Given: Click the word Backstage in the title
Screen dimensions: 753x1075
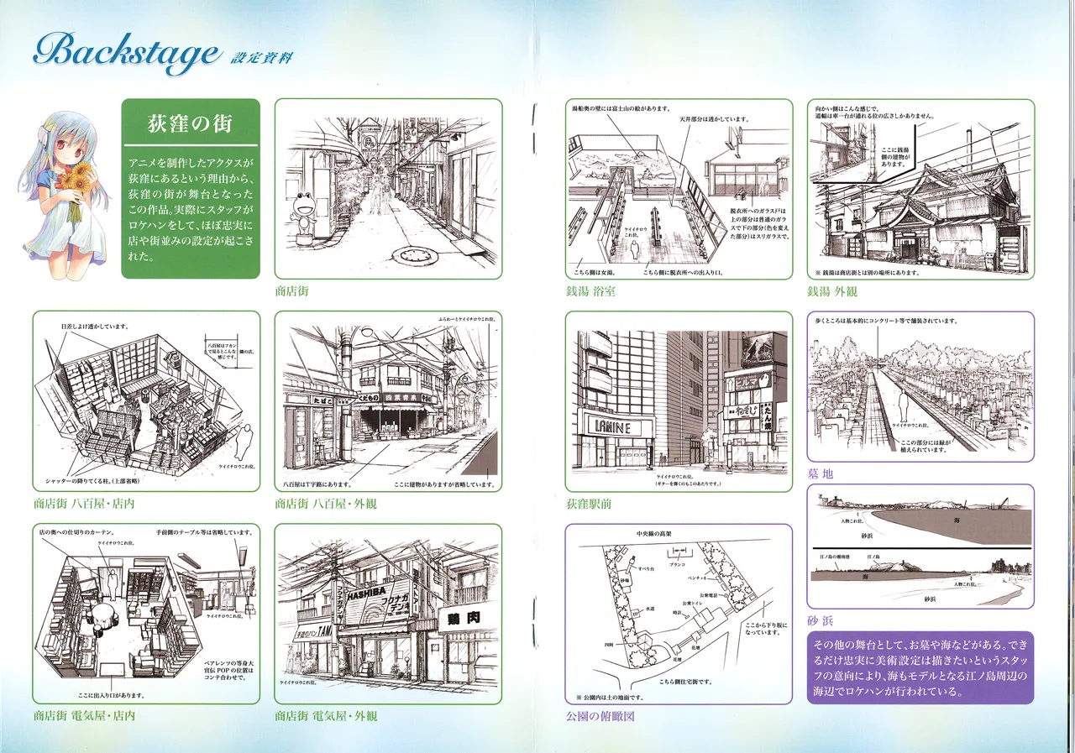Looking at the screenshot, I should (126, 54).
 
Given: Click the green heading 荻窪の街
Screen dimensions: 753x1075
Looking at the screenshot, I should (190, 125).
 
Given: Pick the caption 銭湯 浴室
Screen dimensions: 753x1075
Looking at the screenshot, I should (590, 293).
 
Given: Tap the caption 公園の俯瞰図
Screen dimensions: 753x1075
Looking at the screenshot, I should (600, 716).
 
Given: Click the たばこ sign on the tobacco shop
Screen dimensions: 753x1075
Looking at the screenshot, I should (300, 401).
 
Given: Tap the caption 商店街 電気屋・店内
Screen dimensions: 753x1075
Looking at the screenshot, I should (84, 716).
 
